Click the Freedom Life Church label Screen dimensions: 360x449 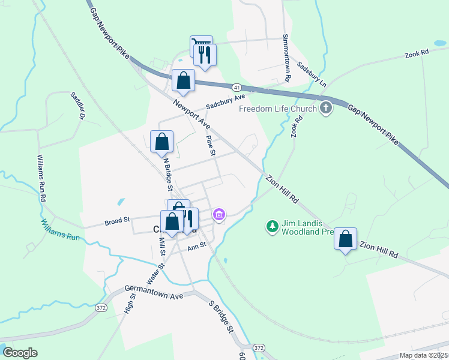pyautogui.click(x=277, y=109)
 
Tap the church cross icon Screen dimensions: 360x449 pyautogui.click(x=326, y=109)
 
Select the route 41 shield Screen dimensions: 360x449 pyautogui.click(x=237, y=87)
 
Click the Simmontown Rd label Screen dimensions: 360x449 pyautogui.click(x=287, y=58)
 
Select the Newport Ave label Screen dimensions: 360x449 pyautogui.click(x=191, y=114)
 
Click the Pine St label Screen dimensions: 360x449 pyautogui.click(x=210, y=146)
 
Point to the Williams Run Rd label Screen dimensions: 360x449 pyautogui.click(x=41, y=178)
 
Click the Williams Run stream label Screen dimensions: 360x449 pyautogui.click(x=61, y=230)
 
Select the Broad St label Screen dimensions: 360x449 pyautogui.click(x=118, y=221)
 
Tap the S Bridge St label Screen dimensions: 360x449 pyautogui.click(x=220, y=316)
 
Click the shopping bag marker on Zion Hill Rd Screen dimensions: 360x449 pyautogui.click(x=346, y=239)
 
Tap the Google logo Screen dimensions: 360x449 pyautogui.click(x=20, y=353)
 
